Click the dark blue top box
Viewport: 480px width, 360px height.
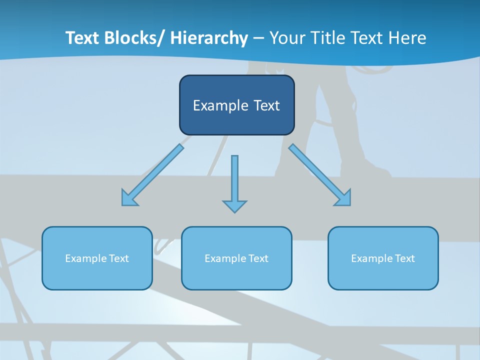click(x=236, y=105)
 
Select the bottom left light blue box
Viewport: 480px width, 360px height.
click(x=97, y=258)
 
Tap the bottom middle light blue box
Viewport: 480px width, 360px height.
click(x=236, y=258)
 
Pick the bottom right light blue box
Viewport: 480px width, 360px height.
click(x=383, y=258)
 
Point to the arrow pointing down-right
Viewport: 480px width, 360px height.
click(x=320, y=175)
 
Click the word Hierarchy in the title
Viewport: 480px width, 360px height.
click(x=209, y=38)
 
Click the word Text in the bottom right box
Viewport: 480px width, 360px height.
click(x=405, y=258)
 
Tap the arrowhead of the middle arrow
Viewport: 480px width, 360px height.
click(x=234, y=206)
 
